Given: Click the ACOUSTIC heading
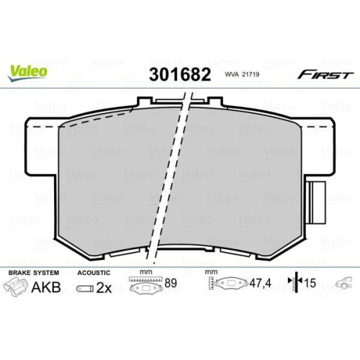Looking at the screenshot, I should click(94, 273).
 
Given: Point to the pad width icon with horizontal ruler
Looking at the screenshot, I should click(146, 286).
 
